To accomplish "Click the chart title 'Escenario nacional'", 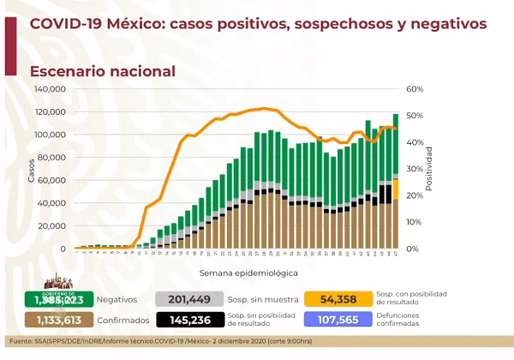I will (x=103, y=71).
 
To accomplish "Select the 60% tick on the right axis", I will (x=415, y=89).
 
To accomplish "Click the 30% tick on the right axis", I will (x=415, y=169).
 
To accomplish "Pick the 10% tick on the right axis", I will (x=415, y=222).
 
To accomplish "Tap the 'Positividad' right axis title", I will (x=428, y=168).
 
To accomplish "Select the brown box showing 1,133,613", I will (x=59, y=320).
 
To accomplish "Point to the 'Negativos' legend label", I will (x=117, y=299).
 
